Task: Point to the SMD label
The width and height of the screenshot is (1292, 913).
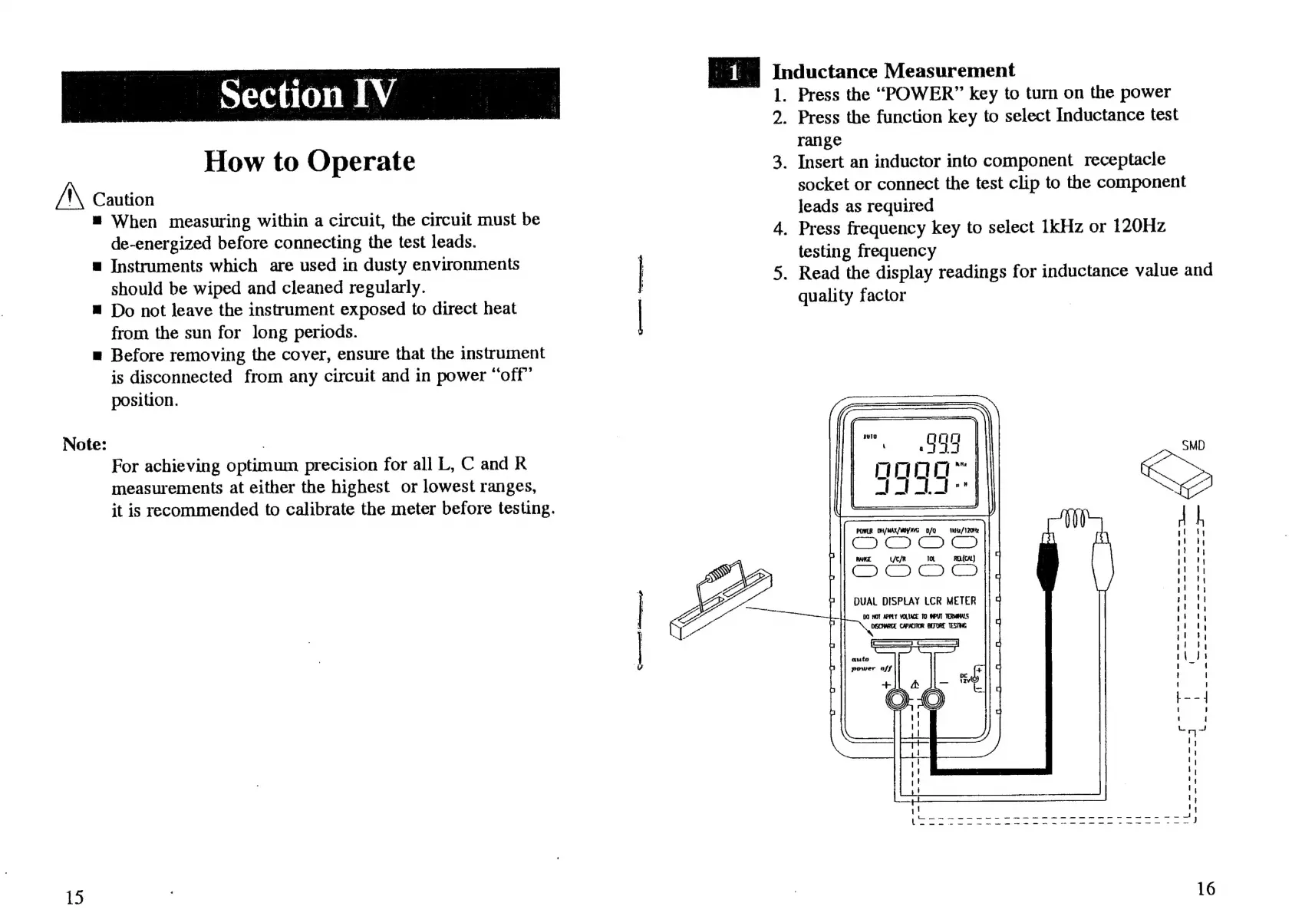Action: [1193, 446]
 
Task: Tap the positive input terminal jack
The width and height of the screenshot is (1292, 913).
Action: [896, 699]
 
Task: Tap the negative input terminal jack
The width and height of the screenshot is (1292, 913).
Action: [933, 699]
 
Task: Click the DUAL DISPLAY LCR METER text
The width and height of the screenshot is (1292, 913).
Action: [915, 602]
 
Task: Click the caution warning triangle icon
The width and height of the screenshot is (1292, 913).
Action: [71, 197]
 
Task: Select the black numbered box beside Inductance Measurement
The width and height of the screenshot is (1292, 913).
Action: [733, 72]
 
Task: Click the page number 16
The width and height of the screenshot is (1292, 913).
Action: [1205, 888]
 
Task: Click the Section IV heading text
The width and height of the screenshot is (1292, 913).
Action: [308, 95]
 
